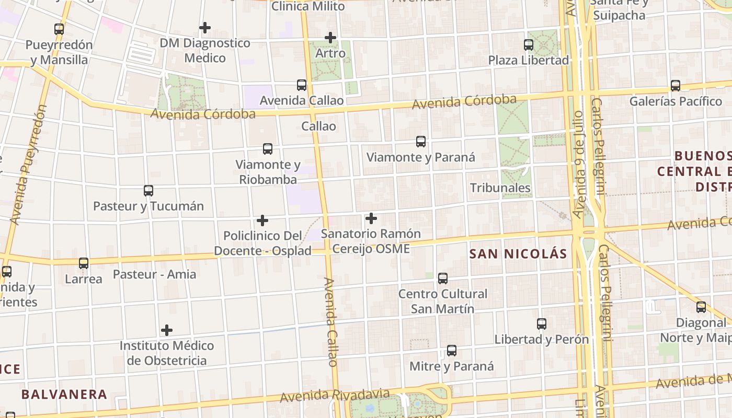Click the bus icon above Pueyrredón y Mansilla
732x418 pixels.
[59, 29]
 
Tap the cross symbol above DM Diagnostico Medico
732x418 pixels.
[205, 27]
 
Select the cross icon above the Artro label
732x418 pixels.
[330, 38]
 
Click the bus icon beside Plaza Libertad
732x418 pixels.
[529, 45]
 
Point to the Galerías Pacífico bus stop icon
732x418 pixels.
[676, 86]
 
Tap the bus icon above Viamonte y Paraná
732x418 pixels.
[421, 142]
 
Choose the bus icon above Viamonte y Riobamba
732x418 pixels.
[268, 149]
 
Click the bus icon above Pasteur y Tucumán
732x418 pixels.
[148, 191]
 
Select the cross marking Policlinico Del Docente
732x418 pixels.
[262, 220]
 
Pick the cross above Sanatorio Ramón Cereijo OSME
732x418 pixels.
[371, 218]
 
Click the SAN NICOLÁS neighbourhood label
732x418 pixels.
[518, 254]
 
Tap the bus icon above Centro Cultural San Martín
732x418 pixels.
[443, 278]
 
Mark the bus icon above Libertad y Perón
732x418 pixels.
[542, 324]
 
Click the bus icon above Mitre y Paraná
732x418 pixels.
[452, 351]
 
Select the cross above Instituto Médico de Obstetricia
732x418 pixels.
[167, 330]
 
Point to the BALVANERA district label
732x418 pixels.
[64, 394]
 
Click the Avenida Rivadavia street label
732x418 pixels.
[335, 395]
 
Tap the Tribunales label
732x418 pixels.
[500, 188]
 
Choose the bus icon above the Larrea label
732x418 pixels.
[84, 263]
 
